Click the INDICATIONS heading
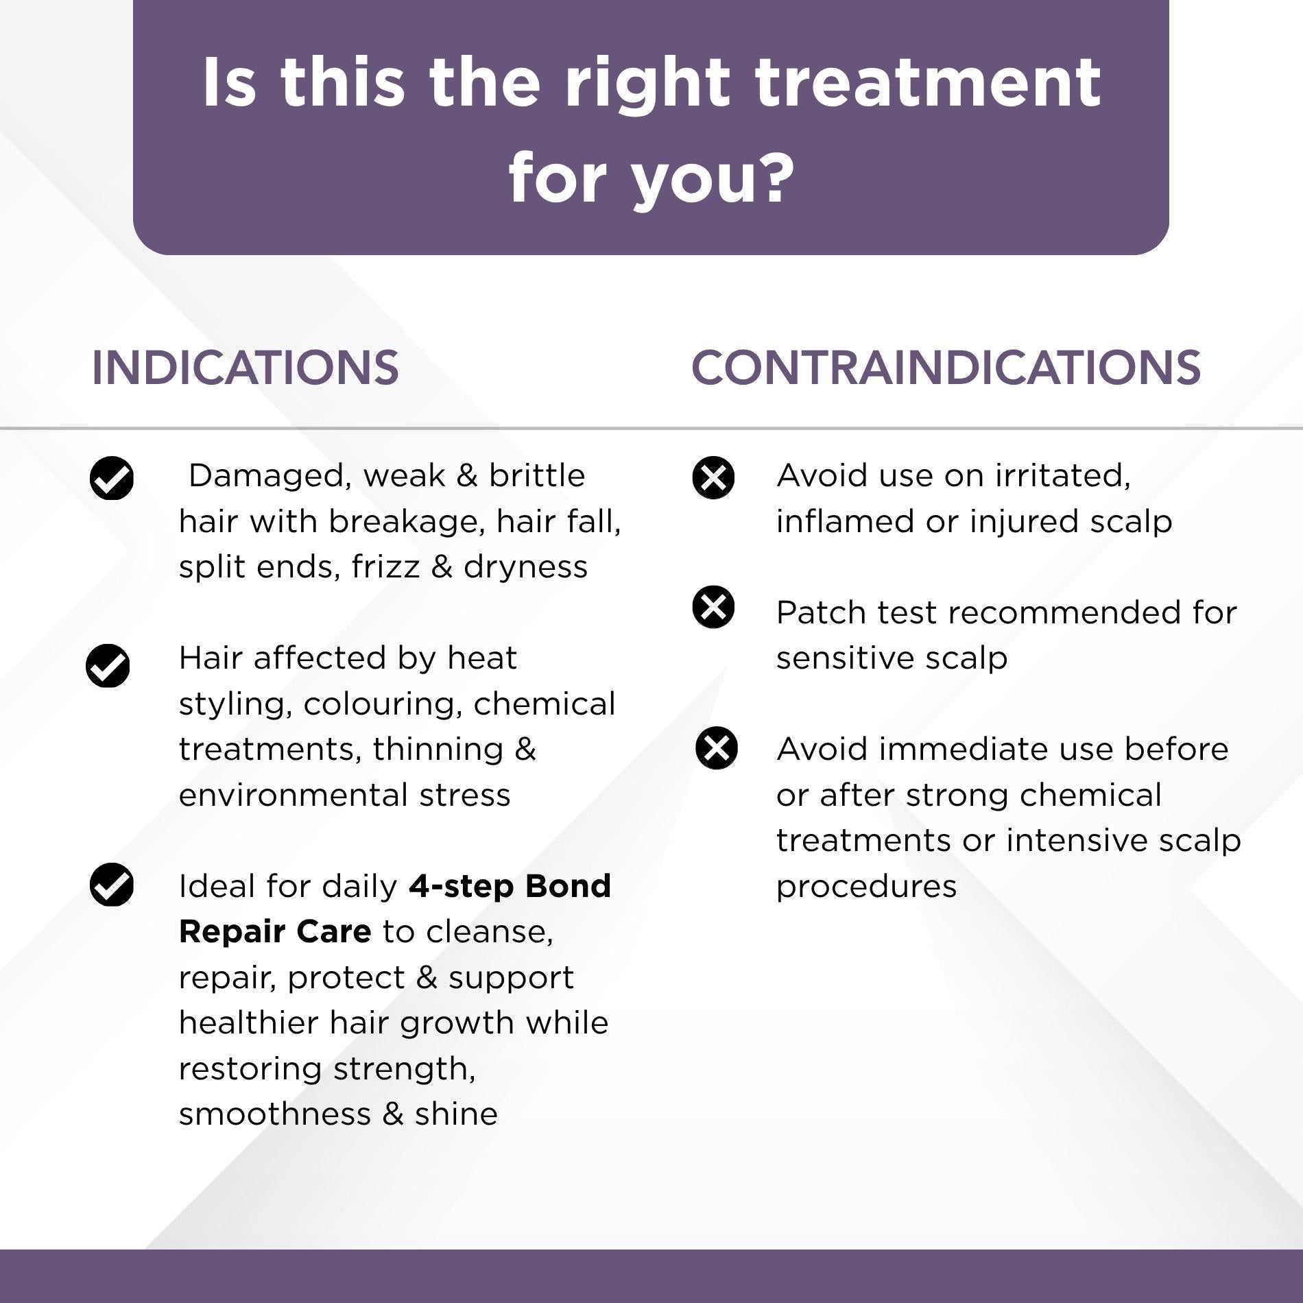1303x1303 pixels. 245,368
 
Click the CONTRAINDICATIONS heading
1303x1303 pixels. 946,368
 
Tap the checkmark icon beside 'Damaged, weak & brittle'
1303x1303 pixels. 112,477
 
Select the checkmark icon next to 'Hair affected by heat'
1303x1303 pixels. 108,665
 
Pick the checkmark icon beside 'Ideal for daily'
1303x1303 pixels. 112,885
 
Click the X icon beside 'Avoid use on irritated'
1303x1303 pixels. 713,477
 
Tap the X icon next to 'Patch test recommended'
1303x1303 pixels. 713,607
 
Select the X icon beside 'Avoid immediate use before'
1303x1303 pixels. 717,748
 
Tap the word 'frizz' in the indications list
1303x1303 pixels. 385,566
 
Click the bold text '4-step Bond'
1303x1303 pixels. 510,885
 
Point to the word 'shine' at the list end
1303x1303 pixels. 456,1114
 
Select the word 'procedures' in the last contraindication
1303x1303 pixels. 866,887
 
